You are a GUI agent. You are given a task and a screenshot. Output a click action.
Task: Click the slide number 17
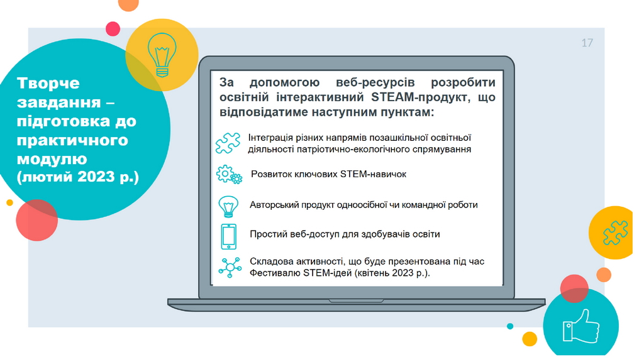click(587, 43)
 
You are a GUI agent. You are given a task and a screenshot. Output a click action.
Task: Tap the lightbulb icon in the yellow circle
click(162, 55)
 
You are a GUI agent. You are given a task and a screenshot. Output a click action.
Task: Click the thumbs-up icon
click(580, 326)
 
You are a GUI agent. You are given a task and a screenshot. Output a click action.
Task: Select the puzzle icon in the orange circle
click(615, 233)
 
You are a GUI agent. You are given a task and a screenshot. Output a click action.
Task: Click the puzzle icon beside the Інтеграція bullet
click(228, 143)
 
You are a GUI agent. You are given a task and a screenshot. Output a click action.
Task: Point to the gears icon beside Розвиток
click(229, 175)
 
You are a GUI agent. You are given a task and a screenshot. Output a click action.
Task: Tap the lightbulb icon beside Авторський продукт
click(228, 206)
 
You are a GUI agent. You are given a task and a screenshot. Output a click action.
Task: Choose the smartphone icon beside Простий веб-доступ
click(229, 236)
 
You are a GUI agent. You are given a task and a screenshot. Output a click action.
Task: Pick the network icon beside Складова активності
click(230, 268)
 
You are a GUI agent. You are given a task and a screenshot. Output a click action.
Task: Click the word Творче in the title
click(48, 84)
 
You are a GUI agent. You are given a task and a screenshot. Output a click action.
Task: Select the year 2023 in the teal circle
click(96, 177)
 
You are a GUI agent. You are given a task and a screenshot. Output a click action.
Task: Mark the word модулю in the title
click(52, 159)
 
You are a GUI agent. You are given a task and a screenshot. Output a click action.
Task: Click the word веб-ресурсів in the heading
click(375, 82)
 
